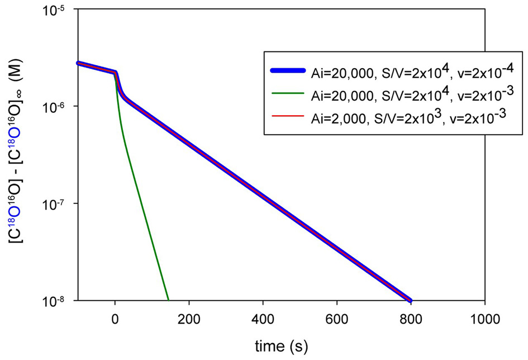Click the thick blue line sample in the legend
pyautogui.click(x=288, y=70)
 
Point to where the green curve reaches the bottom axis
pyautogui.click(x=168, y=300)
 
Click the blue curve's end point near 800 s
pyautogui.click(x=411, y=300)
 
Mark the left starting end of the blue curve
pyautogui.click(x=78, y=63)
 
